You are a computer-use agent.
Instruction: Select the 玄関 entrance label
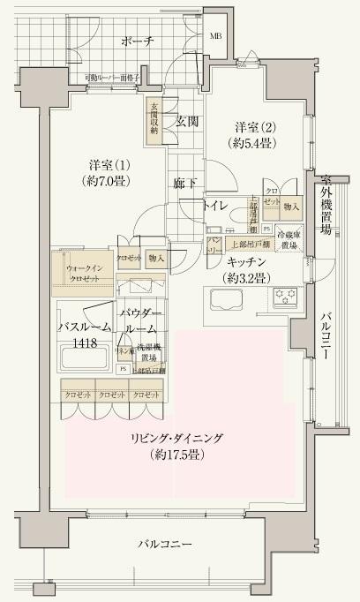coord(186,121)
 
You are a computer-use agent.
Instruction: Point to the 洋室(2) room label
coord(255,133)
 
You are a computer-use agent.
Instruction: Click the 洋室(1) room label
coord(110,173)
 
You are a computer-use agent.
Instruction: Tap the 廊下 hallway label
coord(184,184)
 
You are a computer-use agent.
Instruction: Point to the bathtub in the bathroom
coord(86,358)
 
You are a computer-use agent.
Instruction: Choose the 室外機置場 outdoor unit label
coord(326,203)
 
